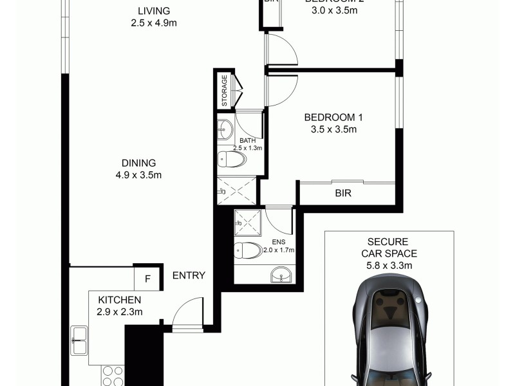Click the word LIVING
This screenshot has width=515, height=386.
tap(154, 11)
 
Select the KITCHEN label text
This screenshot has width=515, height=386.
tap(120, 300)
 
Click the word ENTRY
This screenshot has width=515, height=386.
tap(189, 275)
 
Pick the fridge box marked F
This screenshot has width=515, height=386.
tap(147, 279)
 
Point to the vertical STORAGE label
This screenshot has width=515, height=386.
tap(225, 91)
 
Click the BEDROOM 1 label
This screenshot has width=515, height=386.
tap(333, 117)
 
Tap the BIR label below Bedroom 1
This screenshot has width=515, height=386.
tap(342, 192)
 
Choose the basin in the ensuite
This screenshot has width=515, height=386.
tap(281, 277)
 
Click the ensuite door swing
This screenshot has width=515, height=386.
tap(279, 220)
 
